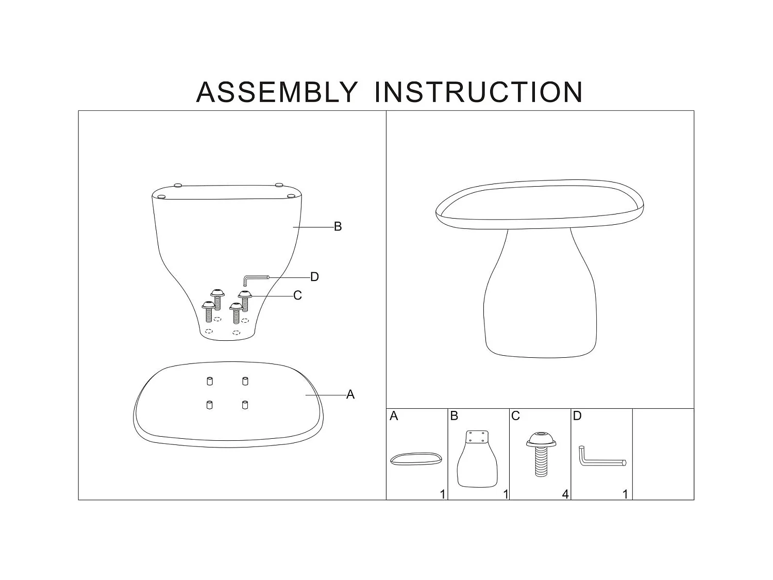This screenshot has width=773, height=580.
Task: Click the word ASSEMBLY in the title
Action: [277, 92]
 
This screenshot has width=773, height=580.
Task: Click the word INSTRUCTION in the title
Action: [478, 92]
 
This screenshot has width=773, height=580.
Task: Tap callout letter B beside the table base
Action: [338, 226]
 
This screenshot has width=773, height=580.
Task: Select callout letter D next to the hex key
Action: [314, 277]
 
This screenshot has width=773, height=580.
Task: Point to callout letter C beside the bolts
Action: [297, 295]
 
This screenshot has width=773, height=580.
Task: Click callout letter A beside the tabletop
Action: [350, 394]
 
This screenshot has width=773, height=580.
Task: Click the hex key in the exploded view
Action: [256, 280]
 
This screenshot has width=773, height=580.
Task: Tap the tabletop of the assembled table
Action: [540, 204]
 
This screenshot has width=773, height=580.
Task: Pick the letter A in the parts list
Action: [394, 416]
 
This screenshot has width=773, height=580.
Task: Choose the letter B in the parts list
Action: [455, 416]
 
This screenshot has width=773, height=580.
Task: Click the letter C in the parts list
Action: [515, 416]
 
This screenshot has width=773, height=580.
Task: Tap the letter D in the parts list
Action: [577, 416]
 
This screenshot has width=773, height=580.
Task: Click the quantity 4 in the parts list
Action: [565, 494]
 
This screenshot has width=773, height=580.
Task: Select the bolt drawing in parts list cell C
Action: [541, 454]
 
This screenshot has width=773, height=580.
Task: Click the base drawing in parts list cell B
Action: [478, 459]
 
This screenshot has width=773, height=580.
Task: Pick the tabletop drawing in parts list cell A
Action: [416, 459]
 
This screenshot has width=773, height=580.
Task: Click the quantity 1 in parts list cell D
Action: [626, 494]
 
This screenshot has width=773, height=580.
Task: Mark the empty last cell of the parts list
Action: [663, 454]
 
